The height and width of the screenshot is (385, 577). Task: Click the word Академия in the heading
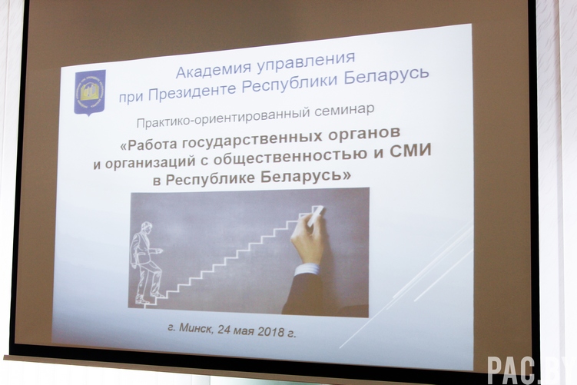(214, 70)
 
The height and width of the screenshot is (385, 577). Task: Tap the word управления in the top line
(306, 62)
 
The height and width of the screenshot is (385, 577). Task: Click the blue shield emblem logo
(90, 92)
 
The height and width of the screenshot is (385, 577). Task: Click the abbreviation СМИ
(410, 151)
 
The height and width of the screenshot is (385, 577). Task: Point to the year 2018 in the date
(271, 331)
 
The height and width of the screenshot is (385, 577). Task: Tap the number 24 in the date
(224, 329)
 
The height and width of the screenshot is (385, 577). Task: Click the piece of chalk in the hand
(315, 215)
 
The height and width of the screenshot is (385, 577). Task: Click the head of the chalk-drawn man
(146, 227)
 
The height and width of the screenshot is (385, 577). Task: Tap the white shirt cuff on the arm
(307, 268)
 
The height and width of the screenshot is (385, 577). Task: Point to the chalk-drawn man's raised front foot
(158, 294)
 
